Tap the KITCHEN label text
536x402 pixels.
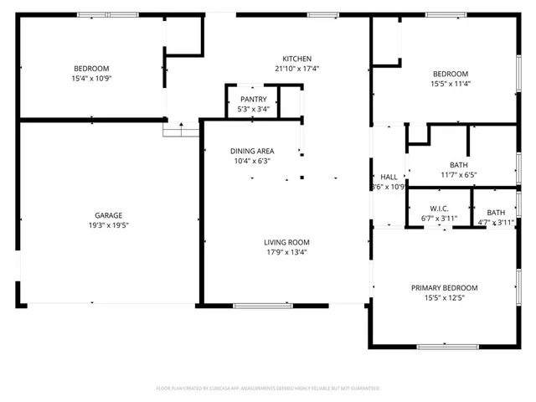click(296, 59)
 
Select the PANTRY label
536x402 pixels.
click(253, 99)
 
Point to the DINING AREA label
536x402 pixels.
click(252, 152)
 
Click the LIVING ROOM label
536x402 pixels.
click(287, 242)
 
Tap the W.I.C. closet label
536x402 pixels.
click(440, 209)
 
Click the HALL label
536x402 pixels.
click(389, 177)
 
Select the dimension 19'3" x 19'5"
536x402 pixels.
click(109, 225)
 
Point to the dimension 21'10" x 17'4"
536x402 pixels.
click(296, 69)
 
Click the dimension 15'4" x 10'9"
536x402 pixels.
click(91, 79)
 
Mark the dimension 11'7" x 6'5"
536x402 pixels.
click(458, 175)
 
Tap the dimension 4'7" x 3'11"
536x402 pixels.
click(496, 223)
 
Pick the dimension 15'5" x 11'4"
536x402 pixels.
click(450, 84)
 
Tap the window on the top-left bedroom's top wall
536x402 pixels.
click(109, 14)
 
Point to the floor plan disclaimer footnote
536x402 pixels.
click(268, 389)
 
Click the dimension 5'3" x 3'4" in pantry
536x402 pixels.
click(253, 109)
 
